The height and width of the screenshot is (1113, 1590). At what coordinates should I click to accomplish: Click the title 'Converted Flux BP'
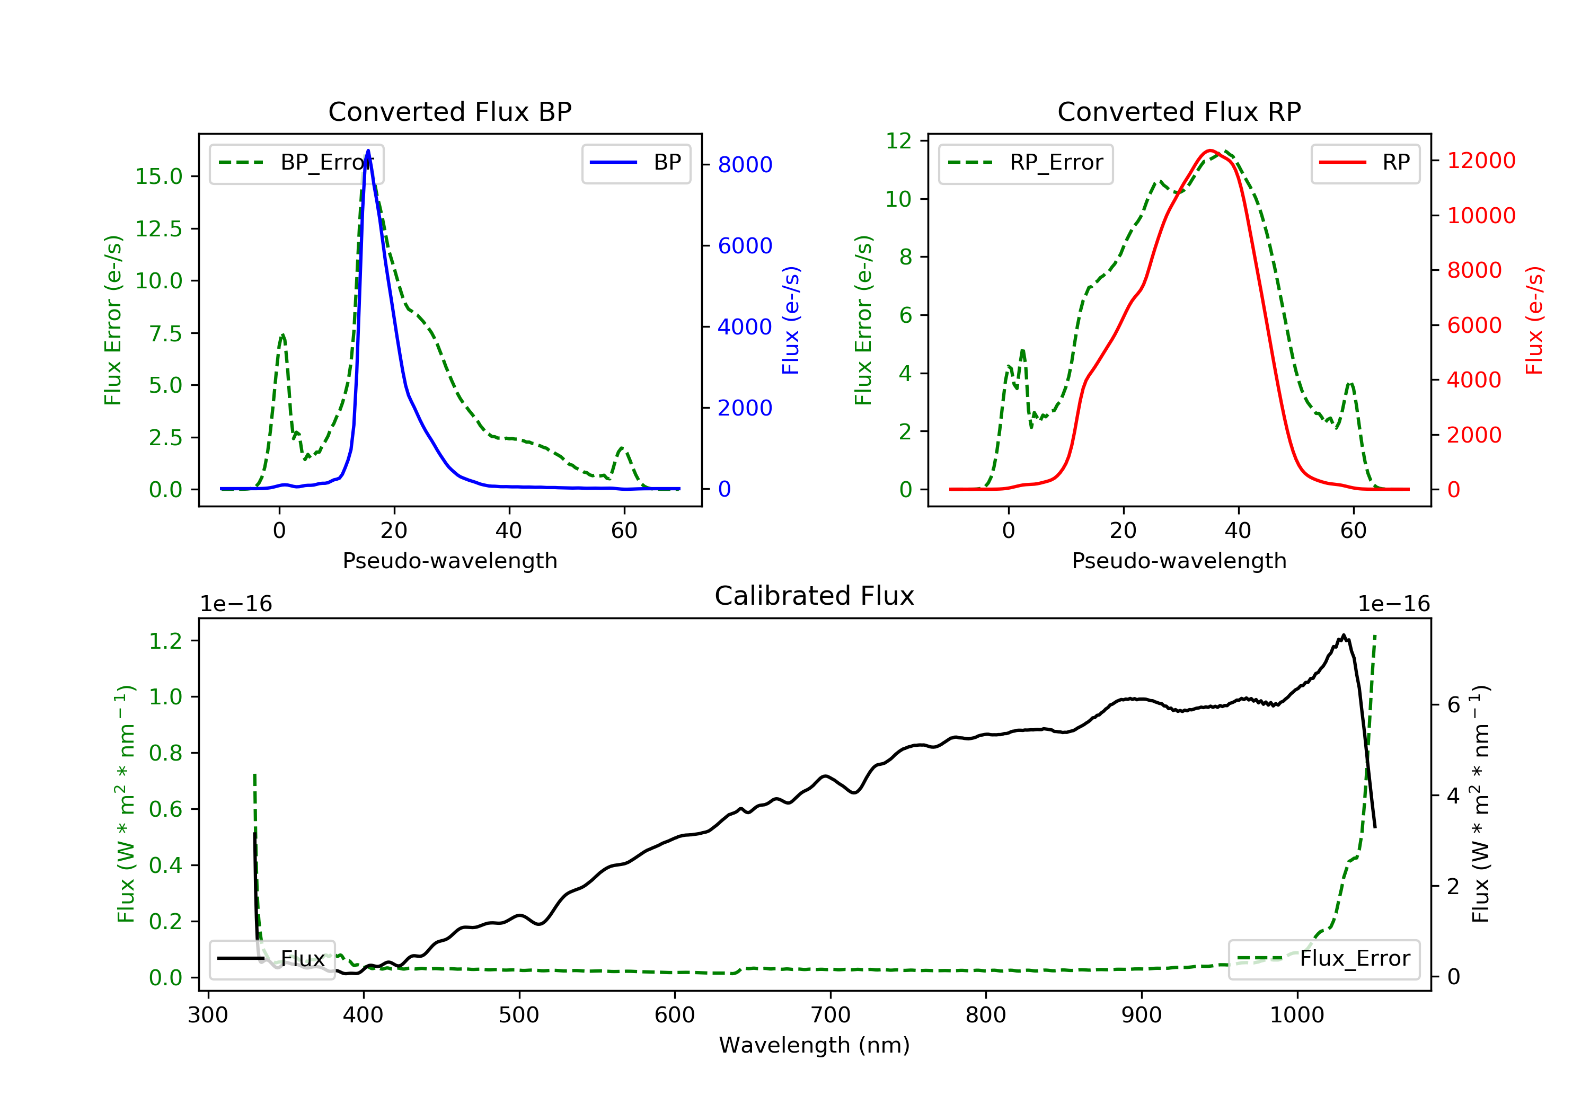[449, 111]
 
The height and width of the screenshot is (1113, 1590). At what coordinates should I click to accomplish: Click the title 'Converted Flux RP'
[1179, 111]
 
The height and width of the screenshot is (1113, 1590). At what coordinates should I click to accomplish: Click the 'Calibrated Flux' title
[815, 596]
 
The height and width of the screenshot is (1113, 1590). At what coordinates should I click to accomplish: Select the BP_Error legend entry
[296, 163]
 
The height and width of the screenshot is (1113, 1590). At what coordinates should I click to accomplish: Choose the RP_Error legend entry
[1026, 163]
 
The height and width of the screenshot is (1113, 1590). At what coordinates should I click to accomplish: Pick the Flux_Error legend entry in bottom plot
[1323, 959]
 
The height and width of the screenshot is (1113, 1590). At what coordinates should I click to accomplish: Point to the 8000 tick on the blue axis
[745, 165]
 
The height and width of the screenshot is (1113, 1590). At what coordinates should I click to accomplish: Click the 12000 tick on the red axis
[1481, 161]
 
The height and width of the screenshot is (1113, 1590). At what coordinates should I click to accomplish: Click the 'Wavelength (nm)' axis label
[815, 1045]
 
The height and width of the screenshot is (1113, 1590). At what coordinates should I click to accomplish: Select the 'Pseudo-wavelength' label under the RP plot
[1179, 560]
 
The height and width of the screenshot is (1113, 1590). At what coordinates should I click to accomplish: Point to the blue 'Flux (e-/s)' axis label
[791, 320]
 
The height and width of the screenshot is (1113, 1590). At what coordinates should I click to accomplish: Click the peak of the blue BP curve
[368, 151]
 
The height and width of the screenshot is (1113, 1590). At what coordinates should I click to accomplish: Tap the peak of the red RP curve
[1210, 151]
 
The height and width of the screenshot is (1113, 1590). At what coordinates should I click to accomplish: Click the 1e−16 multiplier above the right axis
[1393, 604]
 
